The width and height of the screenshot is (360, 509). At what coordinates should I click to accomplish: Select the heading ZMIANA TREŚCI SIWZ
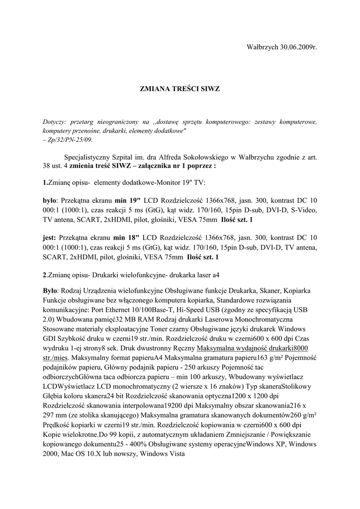coord(180,89)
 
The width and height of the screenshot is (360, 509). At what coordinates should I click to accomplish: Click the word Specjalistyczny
coord(90,158)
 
